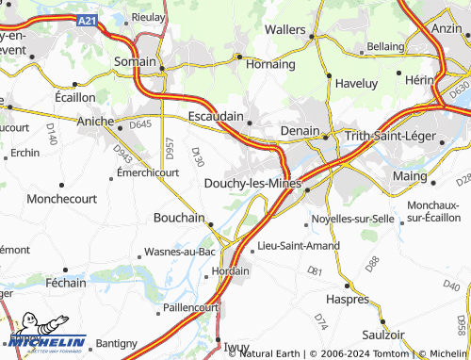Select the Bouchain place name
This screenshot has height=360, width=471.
[179, 218]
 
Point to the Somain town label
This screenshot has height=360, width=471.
[136, 61]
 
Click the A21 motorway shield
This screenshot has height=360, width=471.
[87, 20]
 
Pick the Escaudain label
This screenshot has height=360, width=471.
[216, 117]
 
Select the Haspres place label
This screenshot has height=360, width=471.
[347, 299]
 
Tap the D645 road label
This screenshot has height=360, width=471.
[140, 123]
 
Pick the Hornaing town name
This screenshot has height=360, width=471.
[270, 64]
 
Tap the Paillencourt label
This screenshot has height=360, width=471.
[191, 307]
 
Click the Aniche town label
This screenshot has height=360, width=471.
[95, 123]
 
